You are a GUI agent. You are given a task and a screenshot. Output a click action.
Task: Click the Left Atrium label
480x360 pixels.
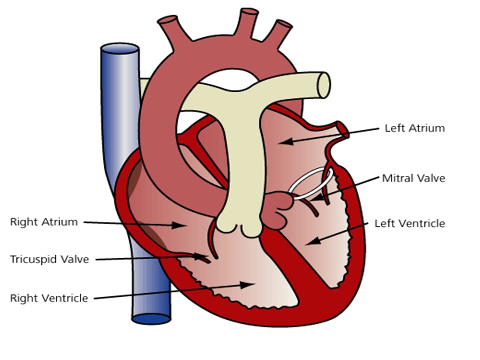(x=415, y=128)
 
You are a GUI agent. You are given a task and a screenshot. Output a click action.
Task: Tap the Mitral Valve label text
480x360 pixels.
(x=414, y=178)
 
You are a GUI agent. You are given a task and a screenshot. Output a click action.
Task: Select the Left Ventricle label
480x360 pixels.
(x=410, y=224)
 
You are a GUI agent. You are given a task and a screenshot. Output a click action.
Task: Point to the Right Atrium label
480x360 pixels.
(x=44, y=222)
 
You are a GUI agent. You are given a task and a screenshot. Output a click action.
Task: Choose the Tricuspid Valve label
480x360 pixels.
(x=49, y=259)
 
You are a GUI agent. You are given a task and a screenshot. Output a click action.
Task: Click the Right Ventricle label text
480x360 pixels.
(x=49, y=298)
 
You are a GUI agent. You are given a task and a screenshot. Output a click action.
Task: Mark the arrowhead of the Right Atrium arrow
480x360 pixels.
(x=178, y=225)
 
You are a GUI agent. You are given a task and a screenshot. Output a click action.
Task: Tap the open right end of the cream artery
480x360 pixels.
(x=324, y=85)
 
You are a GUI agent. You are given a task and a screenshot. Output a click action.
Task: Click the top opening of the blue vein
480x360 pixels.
(x=120, y=49)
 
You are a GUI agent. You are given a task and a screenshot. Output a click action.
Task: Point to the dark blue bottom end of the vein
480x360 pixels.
(x=151, y=319)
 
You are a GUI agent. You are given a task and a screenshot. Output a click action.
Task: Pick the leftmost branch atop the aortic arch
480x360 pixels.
(x=172, y=30)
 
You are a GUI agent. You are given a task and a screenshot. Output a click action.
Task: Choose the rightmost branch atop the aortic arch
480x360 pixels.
(x=279, y=33)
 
